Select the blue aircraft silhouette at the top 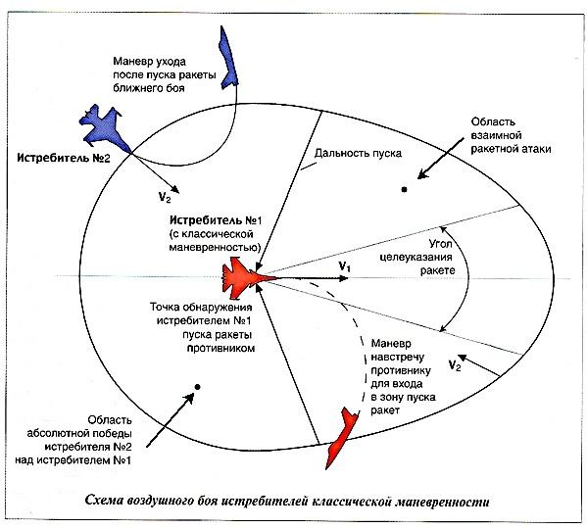pyautogui.click(x=228, y=58)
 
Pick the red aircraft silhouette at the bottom pyautogui.click(x=341, y=438)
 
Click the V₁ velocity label pyautogui.click(x=344, y=266)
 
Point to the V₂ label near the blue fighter pyautogui.click(x=165, y=197)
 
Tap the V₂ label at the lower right pyautogui.click(x=454, y=364)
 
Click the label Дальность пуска pyautogui.click(x=358, y=153)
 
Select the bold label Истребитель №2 pyautogui.click(x=64, y=158)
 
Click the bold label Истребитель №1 pyautogui.click(x=216, y=220)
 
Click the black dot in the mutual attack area pyautogui.click(x=404, y=190)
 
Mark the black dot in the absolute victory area pyautogui.click(x=197, y=387)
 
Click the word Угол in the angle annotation pyautogui.click(x=441, y=244)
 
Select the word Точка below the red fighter pyautogui.click(x=165, y=308)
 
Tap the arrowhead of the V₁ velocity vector pyautogui.click(x=344, y=278)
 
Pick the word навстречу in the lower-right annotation pyautogui.click(x=398, y=358)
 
